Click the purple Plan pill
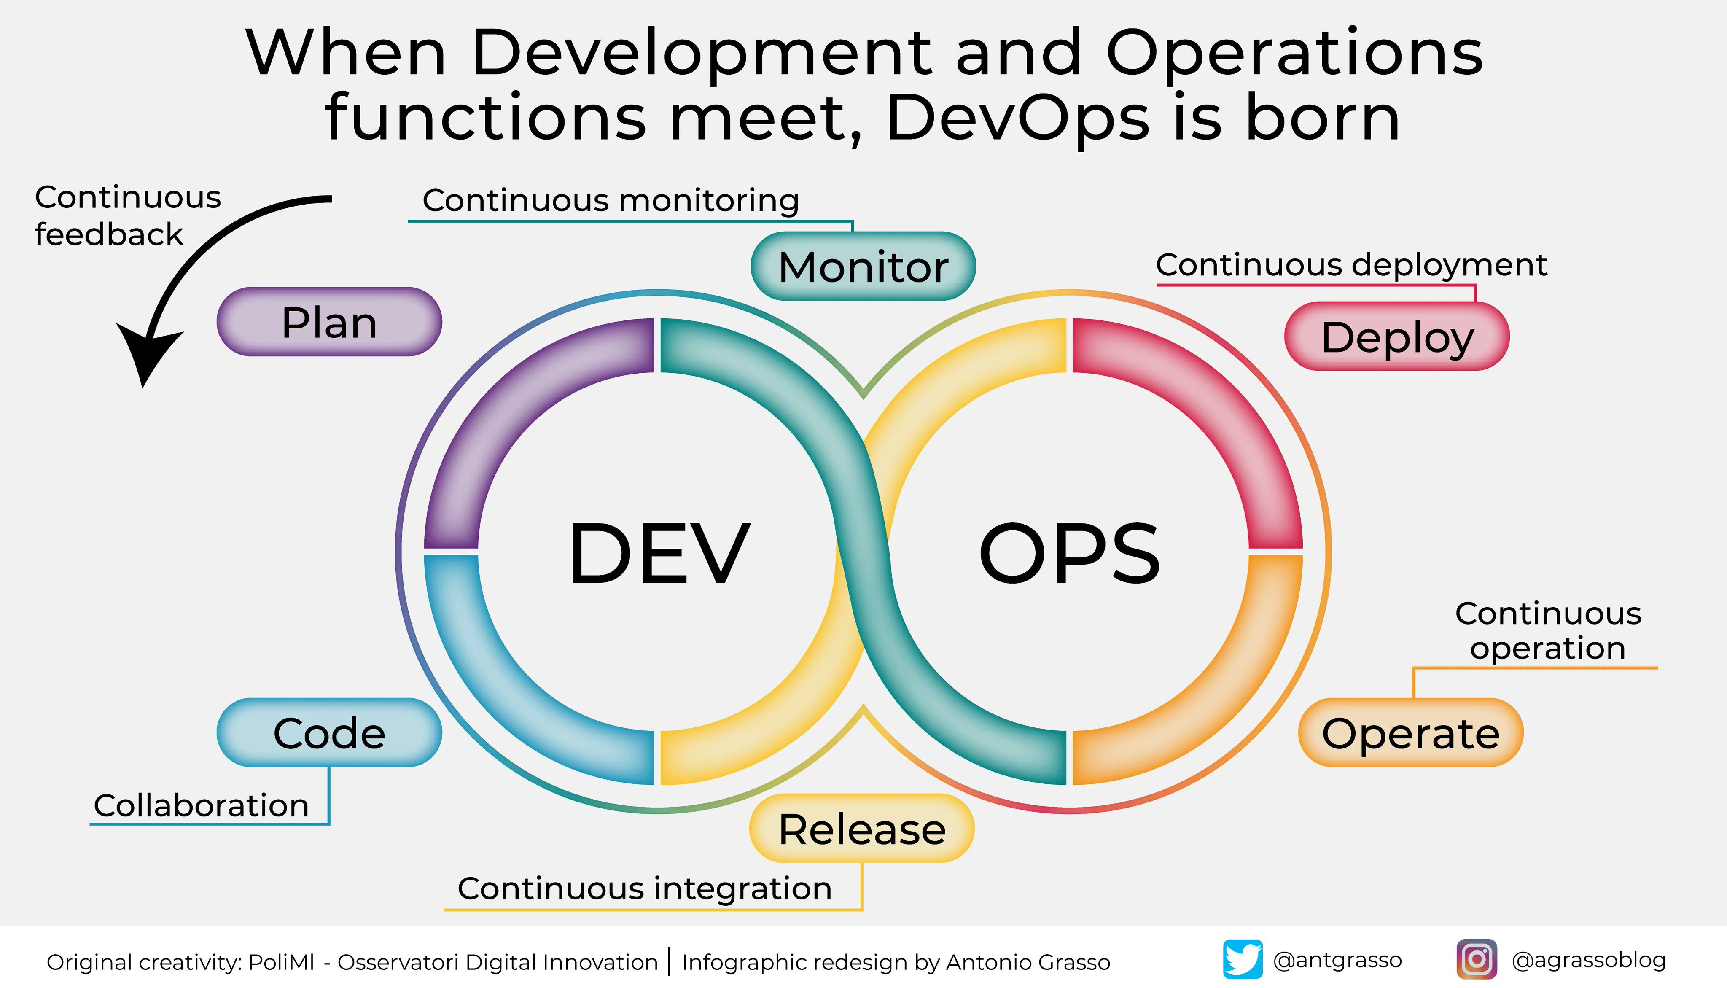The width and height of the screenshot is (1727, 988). pyautogui.click(x=329, y=322)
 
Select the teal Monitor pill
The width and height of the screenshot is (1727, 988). pyautogui.click(x=863, y=266)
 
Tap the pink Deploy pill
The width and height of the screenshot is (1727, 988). pyautogui.click(x=1397, y=337)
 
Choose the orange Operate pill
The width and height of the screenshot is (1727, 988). pyautogui.click(x=1410, y=733)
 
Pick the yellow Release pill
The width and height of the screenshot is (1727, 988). pyautogui.click(x=861, y=829)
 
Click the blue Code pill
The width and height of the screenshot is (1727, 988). pyautogui.click(x=329, y=733)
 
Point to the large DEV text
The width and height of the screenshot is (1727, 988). pyautogui.click(x=659, y=553)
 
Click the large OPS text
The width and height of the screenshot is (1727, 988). pyautogui.click(x=1070, y=553)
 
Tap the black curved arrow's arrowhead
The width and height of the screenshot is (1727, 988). pyautogui.click(x=148, y=353)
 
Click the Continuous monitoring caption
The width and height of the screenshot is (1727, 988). pyautogui.click(x=611, y=200)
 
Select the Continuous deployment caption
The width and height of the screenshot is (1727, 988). pyautogui.click(x=1351, y=265)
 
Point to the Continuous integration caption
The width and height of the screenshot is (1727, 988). pyautogui.click(x=644, y=888)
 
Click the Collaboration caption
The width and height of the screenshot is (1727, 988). pyautogui.click(x=201, y=805)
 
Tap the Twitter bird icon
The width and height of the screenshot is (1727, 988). pyautogui.click(x=1242, y=959)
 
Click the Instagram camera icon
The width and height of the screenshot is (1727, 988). pyautogui.click(x=1477, y=959)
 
